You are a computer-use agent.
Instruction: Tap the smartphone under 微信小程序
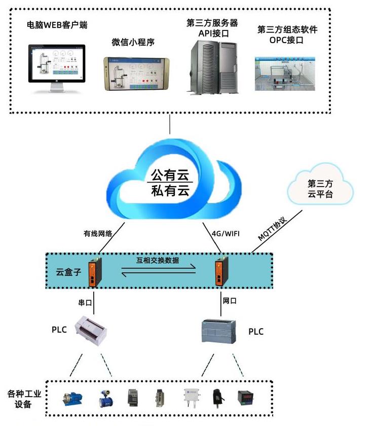(137, 73)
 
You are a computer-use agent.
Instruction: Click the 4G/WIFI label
(225, 234)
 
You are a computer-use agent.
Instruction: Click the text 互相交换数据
(158, 262)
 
